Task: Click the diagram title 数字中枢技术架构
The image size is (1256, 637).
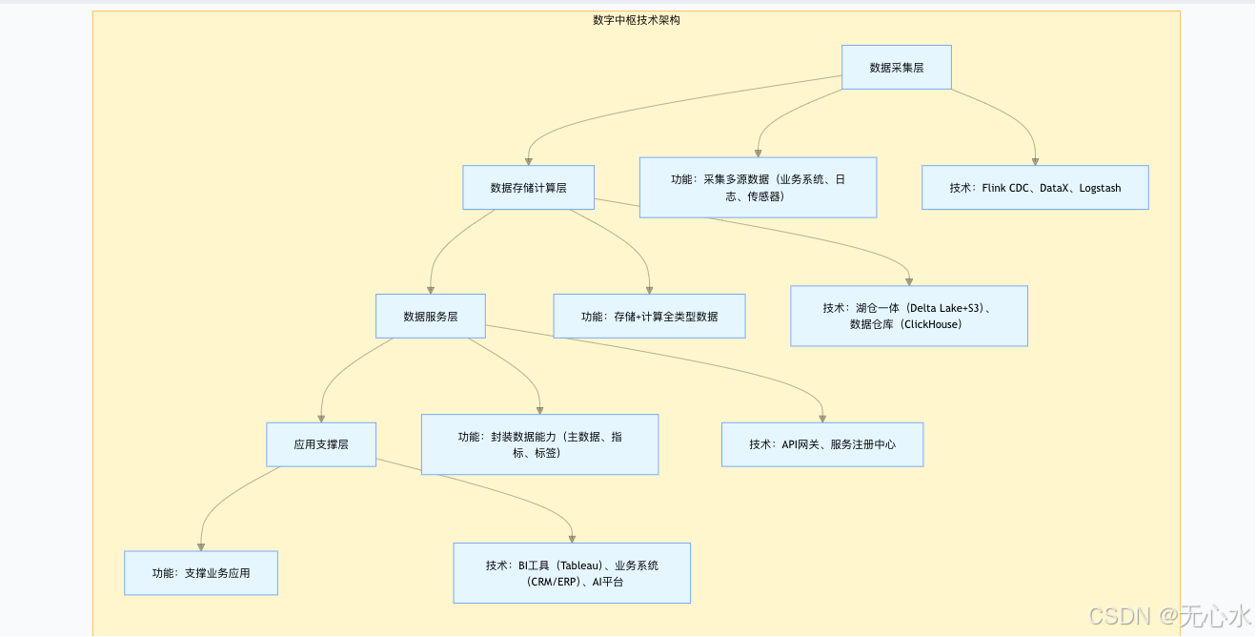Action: click(636, 20)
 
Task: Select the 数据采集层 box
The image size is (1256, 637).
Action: click(896, 68)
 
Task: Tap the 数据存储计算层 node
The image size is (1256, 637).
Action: click(528, 188)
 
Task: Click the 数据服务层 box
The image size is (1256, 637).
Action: click(430, 316)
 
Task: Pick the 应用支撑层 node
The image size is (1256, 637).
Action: click(320, 444)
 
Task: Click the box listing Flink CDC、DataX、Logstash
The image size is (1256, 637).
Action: click(1034, 188)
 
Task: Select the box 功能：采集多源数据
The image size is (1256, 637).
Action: click(758, 188)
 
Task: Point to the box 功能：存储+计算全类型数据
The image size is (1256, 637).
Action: click(649, 316)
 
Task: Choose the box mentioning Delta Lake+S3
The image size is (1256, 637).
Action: click(908, 316)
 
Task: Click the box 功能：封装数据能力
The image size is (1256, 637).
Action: click(539, 444)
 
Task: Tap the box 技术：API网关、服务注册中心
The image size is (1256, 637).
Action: click(821, 444)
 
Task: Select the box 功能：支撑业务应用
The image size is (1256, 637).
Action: click(200, 573)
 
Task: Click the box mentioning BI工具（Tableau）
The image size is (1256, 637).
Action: click(571, 573)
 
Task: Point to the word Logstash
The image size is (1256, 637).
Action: click(1100, 189)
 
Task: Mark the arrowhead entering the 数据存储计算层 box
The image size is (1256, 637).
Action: click(528, 161)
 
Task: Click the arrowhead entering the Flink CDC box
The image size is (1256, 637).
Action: click(1035, 161)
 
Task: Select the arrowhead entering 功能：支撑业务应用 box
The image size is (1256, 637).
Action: click(201, 546)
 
